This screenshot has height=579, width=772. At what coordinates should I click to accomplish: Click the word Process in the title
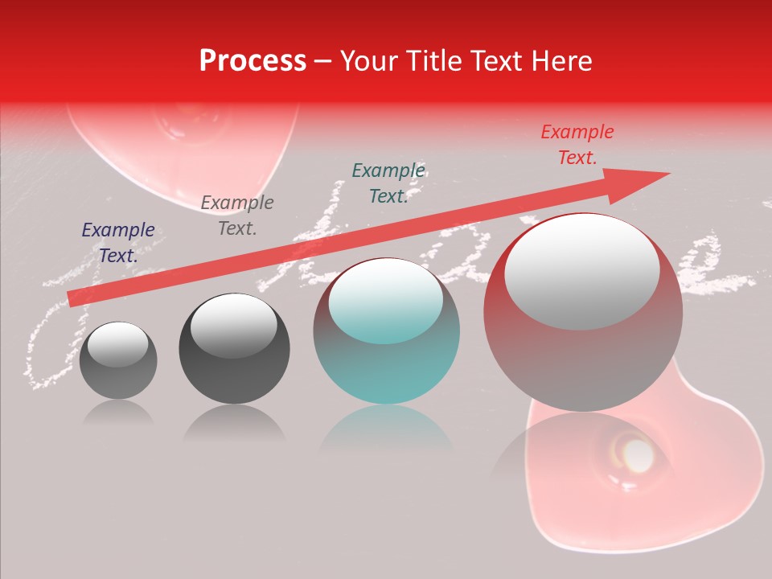click(253, 61)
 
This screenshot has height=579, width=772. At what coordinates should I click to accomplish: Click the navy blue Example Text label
click(118, 243)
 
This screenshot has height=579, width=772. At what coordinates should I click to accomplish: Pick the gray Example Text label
click(237, 216)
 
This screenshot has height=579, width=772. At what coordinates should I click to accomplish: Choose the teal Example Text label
click(388, 183)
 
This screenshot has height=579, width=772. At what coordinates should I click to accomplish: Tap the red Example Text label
click(577, 145)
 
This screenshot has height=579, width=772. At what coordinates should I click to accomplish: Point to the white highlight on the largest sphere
click(581, 269)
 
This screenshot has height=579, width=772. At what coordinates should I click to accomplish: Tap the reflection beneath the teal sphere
click(386, 434)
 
